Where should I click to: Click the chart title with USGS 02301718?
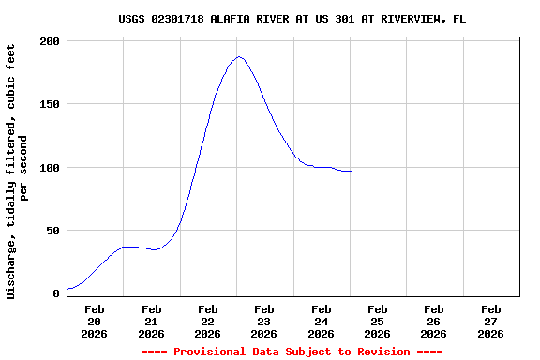pos(292,19)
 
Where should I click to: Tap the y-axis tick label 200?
pos(51,42)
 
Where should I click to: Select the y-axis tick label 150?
pos(51,105)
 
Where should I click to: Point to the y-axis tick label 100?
pos(51,168)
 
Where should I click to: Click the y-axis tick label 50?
pos(53,231)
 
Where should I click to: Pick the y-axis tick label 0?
pos(57,293)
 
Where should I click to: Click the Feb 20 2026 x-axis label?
pos(95,321)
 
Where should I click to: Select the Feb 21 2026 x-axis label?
pos(151,321)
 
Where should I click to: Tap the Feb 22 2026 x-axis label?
pos(208,321)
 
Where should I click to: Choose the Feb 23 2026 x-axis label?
pos(264,321)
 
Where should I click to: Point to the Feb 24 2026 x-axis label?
pos(321,321)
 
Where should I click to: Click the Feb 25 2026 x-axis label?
pos(377,321)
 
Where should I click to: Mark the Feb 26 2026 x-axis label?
pos(433,321)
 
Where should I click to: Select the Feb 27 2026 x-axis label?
pos(490,321)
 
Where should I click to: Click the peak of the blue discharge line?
pos(239,57)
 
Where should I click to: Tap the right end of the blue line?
pos(352,172)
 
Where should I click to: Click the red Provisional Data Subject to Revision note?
pos(292,352)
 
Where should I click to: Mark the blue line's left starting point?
pos(67,289)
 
